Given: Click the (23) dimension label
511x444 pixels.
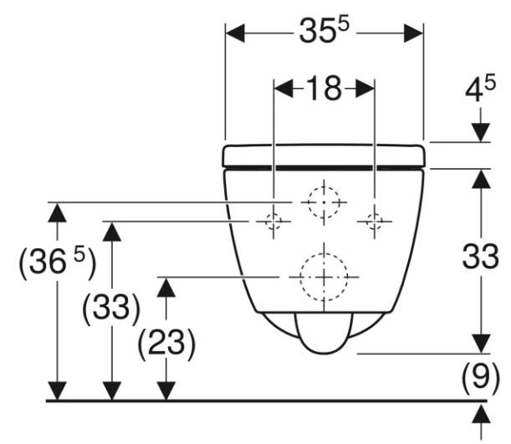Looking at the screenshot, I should point(166,342).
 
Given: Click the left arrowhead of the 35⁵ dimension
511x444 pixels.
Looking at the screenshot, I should point(235,33).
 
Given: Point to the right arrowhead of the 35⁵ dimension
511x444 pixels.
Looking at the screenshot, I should point(416,33).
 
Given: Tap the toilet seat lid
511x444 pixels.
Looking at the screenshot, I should point(324,156).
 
